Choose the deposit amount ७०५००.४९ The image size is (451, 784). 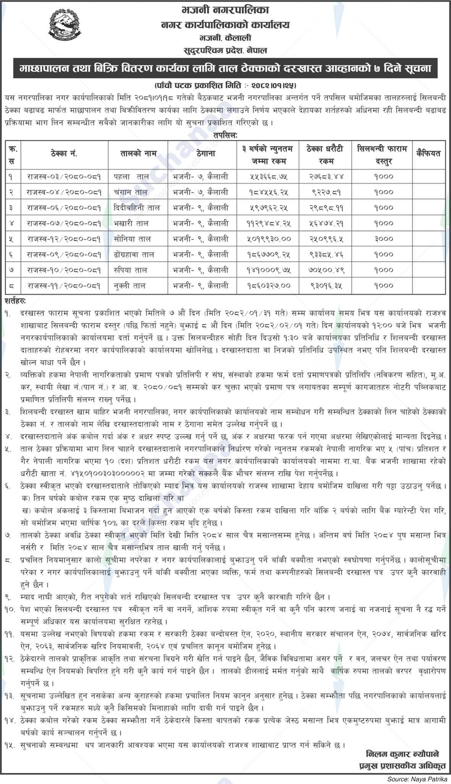coord(327,270)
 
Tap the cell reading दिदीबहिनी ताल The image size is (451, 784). coord(136,207)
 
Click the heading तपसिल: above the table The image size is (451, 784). coord(225,135)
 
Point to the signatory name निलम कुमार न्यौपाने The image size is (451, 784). coord(402,754)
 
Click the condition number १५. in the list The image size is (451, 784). coord(8,744)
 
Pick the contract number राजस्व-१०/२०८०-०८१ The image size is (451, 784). coord(64,270)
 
